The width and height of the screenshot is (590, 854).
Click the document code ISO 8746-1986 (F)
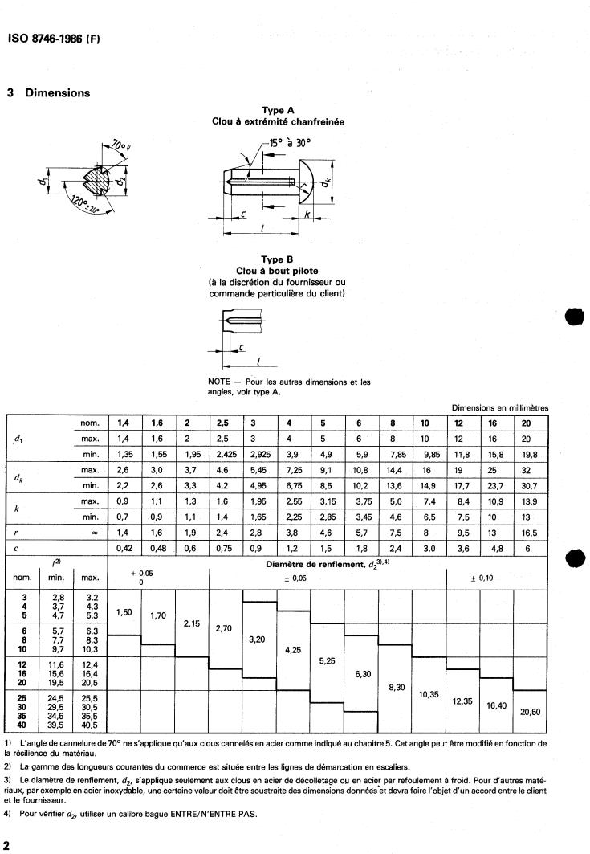[53, 39]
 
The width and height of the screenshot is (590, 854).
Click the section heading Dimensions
[57, 92]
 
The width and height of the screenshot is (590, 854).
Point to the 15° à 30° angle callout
[288, 145]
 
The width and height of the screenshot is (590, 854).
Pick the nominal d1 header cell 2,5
[226, 423]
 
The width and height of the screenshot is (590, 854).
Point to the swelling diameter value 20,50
[530, 712]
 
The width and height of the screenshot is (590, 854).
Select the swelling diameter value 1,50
[124, 612]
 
